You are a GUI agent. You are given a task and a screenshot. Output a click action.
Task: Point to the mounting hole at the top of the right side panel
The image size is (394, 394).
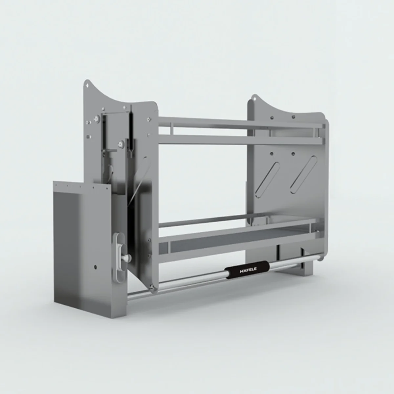point(255,98)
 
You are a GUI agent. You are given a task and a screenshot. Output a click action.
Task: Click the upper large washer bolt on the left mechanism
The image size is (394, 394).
point(96,119)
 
